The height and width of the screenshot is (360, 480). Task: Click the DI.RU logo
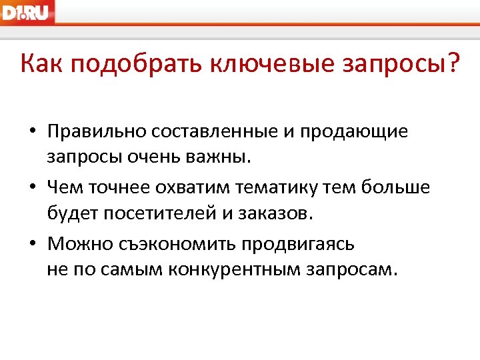(x=27, y=12)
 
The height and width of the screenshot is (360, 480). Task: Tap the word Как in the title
(x=41, y=65)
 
